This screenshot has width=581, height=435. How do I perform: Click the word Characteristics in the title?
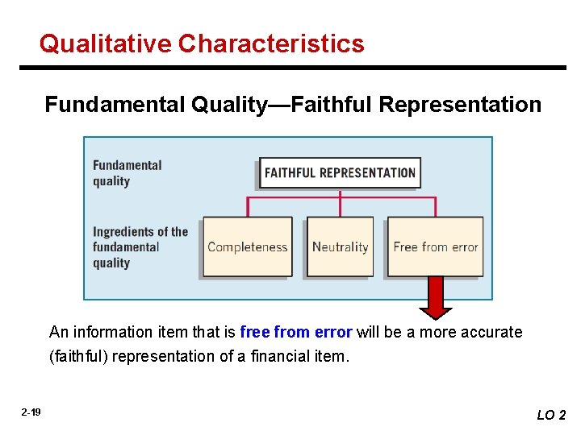click(272, 43)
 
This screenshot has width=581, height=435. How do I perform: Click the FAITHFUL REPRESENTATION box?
click(340, 173)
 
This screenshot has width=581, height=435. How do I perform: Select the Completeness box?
click(247, 247)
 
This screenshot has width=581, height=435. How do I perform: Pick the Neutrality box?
click(340, 247)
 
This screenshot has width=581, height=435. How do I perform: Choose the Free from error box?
click(436, 247)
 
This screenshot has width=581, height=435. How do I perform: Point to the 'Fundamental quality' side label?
click(127, 173)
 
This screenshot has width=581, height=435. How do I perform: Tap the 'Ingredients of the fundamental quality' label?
click(140, 247)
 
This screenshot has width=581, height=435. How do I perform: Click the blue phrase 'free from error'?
click(295, 332)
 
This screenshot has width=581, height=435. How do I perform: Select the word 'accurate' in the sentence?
click(491, 332)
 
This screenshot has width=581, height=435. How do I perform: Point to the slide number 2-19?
click(31, 413)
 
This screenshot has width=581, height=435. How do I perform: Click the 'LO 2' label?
click(551, 415)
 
